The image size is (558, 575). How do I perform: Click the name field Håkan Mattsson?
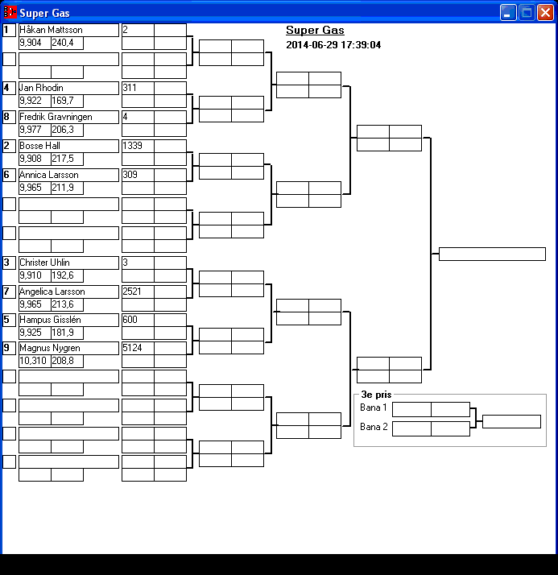tap(68, 30)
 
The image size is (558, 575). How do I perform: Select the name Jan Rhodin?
tap(68, 88)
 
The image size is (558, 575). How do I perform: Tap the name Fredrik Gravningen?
tap(68, 117)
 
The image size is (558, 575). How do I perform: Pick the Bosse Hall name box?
tap(68, 146)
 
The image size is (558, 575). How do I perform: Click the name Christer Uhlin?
tap(68, 263)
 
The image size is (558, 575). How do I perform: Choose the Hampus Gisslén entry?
tap(68, 320)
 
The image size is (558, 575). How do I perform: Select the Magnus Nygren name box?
tap(68, 348)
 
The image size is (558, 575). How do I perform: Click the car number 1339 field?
tap(138, 146)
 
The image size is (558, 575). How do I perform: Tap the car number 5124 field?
tap(138, 348)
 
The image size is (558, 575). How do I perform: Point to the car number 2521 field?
tap(138, 292)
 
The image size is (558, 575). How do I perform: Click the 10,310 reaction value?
tap(34, 362)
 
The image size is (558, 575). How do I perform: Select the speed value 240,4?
tap(67, 43)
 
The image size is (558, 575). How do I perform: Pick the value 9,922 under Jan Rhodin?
tap(34, 101)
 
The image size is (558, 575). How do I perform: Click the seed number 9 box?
tap(9, 348)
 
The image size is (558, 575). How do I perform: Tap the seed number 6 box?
tap(9, 175)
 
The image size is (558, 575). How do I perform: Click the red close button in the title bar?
tap(544, 12)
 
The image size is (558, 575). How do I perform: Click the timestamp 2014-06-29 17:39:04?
tap(333, 45)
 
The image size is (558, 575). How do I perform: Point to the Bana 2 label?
tap(374, 427)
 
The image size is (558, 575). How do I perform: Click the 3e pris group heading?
tap(377, 395)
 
